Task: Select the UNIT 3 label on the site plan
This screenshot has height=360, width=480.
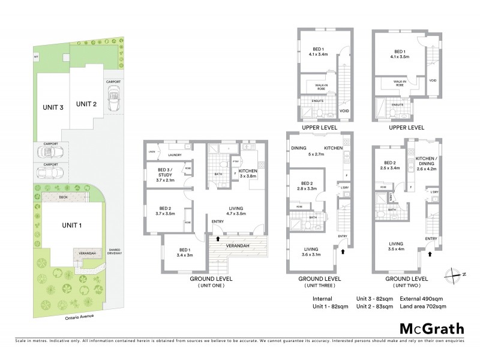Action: point(53,108)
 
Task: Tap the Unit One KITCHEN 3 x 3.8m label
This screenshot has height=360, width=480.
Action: point(247,174)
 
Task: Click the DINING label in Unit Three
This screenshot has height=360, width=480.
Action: point(299,148)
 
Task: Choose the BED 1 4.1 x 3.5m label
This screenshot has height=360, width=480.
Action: point(397,56)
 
